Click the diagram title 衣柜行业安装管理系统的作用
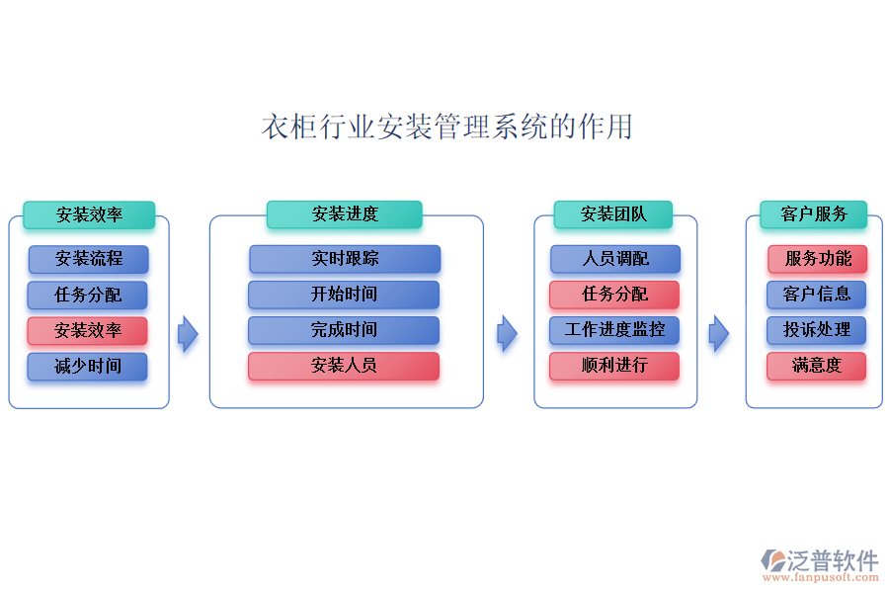pyautogui.click(x=446, y=127)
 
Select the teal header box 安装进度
pyautogui.click(x=344, y=214)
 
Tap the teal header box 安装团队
pyautogui.click(x=612, y=214)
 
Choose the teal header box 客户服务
pyautogui.click(x=813, y=214)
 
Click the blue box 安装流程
pyautogui.click(x=89, y=259)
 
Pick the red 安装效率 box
pyautogui.click(x=88, y=330)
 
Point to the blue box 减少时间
pyautogui.click(x=88, y=366)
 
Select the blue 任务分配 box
pyautogui.click(x=88, y=295)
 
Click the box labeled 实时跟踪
pyautogui.click(x=345, y=259)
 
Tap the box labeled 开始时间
pyautogui.click(x=344, y=295)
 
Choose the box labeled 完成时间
pyautogui.click(x=344, y=330)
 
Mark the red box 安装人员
pyautogui.click(x=344, y=366)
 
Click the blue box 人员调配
pyautogui.click(x=615, y=259)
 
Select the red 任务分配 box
pyautogui.click(x=614, y=295)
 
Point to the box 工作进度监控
pyautogui.click(x=614, y=330)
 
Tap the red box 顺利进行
pyautogui.click(x=614, y=366)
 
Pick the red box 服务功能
pyautogui.click(x=818, y=259)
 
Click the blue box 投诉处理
pyautogui.click(x=817, y=330)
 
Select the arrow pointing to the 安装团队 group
pyautogui.click(x=508, y=334)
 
